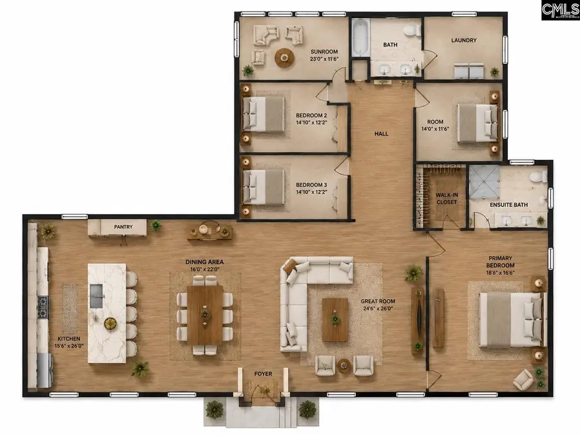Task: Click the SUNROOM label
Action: coord(324,52)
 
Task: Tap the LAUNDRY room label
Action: coord(464,40)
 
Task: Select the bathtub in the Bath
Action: coord(360,37)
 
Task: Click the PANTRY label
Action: coord(123,227)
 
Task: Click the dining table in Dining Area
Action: coord(205,314)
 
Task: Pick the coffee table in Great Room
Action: coord(335,320)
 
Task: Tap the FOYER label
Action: coord(263,374)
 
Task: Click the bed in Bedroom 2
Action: coord(264,113)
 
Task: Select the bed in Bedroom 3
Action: coord(264,187)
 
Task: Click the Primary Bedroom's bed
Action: coord(513,320)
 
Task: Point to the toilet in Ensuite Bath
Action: coord(538,178)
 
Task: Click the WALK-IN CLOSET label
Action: coord(447,198)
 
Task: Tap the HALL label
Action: coord(382,134)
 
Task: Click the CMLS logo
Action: coord(561,10)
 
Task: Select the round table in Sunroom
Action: coord(284,58)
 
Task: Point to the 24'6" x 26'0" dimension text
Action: coord(378,308)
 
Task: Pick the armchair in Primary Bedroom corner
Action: coord(523,379)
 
